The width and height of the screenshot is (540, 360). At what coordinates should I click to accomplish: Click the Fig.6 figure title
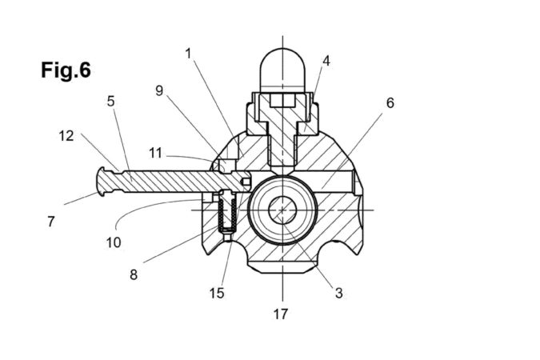click(66, 70)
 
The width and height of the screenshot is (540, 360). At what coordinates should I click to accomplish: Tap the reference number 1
click(188, 54)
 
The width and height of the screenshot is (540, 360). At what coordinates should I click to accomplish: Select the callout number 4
click(326, 60)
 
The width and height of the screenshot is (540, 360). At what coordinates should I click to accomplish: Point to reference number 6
click(390, 102)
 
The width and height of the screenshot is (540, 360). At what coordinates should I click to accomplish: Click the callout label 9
click(159, 90)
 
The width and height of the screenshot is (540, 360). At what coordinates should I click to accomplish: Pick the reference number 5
click(111, 101)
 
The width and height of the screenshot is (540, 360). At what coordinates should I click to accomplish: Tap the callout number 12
click(66, 135)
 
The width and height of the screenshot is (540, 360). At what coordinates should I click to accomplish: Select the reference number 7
click(51, 222)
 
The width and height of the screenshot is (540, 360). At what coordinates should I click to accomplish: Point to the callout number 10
click(114, 241)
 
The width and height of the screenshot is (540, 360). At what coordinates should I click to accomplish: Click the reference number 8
click(134, 274)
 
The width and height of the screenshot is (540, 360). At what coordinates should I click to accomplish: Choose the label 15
click(217, 293)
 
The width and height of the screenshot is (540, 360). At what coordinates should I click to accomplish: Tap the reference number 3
click(338, 293)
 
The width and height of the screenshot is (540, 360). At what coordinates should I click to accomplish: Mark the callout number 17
click(281, 314)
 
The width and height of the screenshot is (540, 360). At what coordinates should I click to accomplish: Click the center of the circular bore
click(282, 210)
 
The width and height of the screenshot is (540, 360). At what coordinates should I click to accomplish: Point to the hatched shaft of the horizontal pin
click(168, 181)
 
